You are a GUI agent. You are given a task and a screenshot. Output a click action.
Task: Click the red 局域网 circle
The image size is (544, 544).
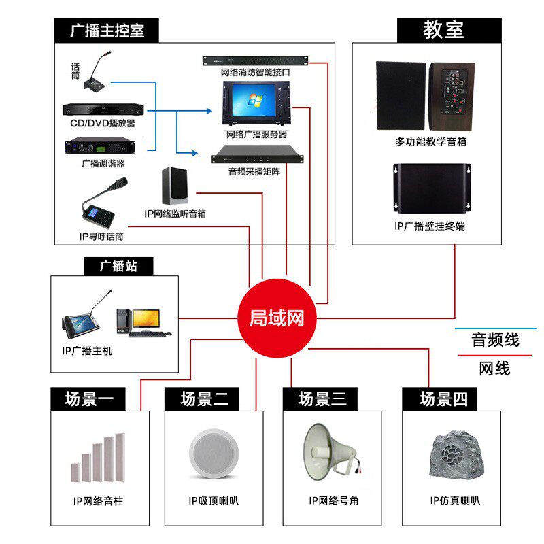tap(277, 318)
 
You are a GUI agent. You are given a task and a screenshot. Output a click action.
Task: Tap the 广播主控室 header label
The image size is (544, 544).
tap(107, 31)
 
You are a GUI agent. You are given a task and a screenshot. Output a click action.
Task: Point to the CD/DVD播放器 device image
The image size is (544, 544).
tap(103, 109)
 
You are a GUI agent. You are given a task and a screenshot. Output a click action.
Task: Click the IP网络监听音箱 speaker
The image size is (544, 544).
tap(175, 185)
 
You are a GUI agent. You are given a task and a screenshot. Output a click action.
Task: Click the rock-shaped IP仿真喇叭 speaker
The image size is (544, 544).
tap(454, 459)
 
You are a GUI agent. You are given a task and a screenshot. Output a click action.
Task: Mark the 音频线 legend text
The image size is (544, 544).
tap(495, 339)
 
